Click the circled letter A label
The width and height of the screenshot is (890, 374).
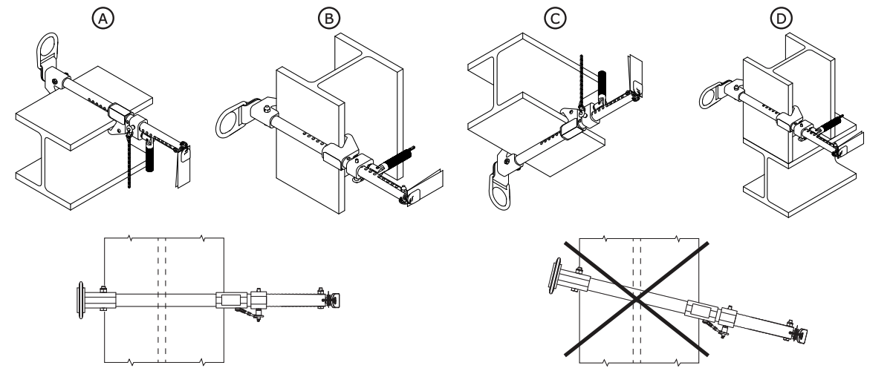coord(103,19)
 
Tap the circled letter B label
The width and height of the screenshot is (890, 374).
coord(329,19)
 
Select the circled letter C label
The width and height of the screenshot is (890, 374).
coord(555,19)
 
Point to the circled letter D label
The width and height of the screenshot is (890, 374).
coord(782,19)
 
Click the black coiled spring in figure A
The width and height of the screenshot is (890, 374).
coord(150,157)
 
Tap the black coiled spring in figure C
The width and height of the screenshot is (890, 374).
coord(603,84)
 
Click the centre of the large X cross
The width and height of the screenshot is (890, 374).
coord(637,298)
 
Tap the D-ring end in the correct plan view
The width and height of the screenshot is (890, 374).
coord(81,301)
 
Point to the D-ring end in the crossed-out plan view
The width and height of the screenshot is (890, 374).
coord(554,275)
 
